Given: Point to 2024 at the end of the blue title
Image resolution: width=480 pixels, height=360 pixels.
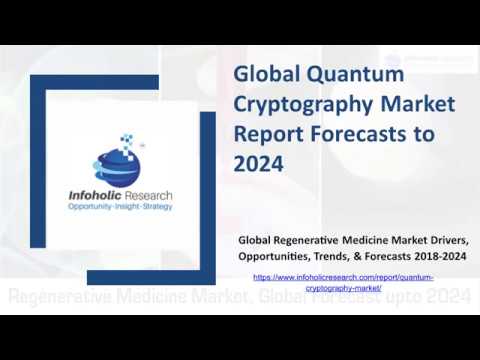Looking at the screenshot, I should [x=258, y=163].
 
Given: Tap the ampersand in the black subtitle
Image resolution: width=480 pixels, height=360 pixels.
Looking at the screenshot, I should [x=359, y=257].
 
